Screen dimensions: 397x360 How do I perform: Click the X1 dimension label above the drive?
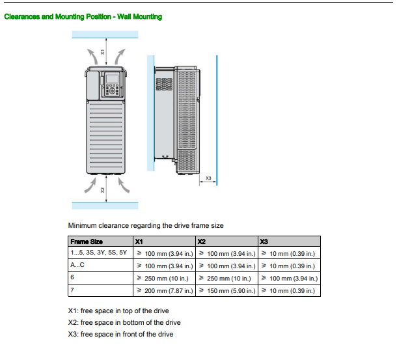(102, 52)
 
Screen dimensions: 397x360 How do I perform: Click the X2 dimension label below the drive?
(102, 190)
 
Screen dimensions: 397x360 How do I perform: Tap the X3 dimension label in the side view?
(208, 178)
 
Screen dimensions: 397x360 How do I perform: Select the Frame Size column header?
(87, 242)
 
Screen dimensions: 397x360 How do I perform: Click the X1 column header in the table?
(139, 242)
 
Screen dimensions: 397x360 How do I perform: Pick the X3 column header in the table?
(264, 242)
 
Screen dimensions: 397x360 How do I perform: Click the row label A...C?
(77, 265)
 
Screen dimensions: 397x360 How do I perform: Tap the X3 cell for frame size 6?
(290, 279)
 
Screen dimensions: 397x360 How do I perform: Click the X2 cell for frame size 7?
(227, 290)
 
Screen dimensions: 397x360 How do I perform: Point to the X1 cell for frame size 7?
(165, 290)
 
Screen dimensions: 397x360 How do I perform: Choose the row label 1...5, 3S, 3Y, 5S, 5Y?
(99, 253)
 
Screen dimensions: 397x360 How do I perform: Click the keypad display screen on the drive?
(112, 79)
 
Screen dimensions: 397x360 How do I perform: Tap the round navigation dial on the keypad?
(113, 91)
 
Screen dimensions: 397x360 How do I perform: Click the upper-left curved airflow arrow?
(92, 57)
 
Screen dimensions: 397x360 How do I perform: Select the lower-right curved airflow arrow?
(124, 185)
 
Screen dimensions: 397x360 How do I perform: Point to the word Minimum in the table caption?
(82, 225)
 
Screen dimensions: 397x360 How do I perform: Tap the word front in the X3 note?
(130, 334)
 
